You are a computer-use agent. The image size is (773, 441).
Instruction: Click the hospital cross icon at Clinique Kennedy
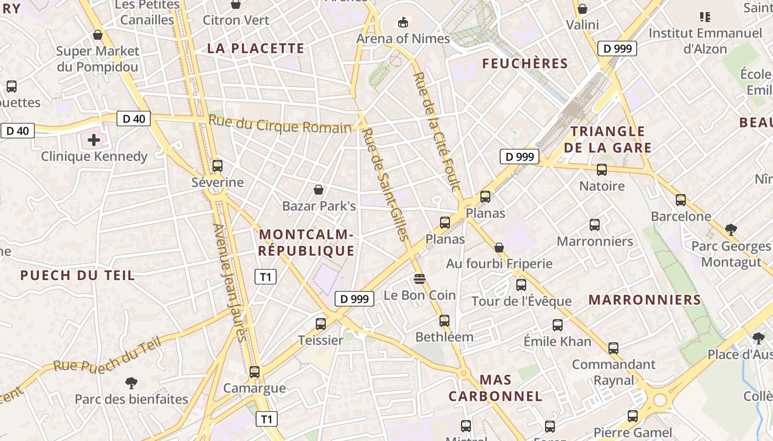point(94,140)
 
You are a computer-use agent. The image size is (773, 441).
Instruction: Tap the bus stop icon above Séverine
point(217,165)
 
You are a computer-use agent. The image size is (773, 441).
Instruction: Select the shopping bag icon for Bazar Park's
point(319,190)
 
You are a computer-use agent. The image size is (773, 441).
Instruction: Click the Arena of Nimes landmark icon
point(403,23)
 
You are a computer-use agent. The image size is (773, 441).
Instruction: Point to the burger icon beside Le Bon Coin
point(420,279)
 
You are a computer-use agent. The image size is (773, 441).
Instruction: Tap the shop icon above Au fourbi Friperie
point(499,247)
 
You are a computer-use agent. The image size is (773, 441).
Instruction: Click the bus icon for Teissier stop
point(321,324)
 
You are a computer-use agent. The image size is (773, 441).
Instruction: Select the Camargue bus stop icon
point(254,372)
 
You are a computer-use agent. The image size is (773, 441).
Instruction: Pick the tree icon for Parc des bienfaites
point(131,383)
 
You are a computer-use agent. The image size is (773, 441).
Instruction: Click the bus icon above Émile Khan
point(558,325)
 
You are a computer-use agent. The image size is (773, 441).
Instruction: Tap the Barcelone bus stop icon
point(681,200)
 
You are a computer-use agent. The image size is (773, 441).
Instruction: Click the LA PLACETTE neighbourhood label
point(256,49)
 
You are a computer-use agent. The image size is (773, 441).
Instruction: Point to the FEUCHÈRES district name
point(525,63)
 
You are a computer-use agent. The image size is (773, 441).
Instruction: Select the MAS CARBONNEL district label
point(495,388)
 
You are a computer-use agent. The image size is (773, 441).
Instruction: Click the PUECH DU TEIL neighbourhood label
point(78,275)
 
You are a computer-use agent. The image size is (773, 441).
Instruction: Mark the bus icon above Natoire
point(602,170)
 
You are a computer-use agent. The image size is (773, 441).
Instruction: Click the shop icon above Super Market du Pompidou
point(98,35)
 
